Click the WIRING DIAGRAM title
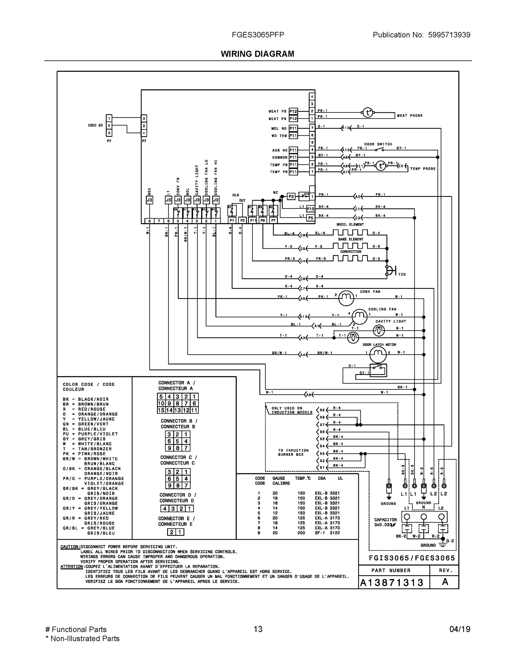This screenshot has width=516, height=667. (x=257, y=54)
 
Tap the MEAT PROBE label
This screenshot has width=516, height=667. (x=410, y=116)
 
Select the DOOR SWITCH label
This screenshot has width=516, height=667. (x=378, y=144)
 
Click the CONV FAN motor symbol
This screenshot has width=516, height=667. (x=346, y=298)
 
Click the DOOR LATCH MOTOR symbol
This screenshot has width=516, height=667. (x=378, y=355)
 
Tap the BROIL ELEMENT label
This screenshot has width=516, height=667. (x=350, y=225)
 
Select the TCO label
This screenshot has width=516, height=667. (x=402, y=274)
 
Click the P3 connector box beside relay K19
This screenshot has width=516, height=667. (x=291, y=196)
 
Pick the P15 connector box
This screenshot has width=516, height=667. (x=310, y=209)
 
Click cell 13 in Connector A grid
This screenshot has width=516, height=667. (x=177, y=410)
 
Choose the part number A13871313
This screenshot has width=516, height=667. (x=392, y=583)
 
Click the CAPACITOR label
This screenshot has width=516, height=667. (x=385, y=520)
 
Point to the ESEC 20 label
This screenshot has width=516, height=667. (x=95, y=126)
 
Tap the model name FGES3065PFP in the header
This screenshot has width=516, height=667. (x=258, y=35)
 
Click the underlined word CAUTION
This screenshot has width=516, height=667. (x=70, y=547)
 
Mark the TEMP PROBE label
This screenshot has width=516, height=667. (x=423, y=169)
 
